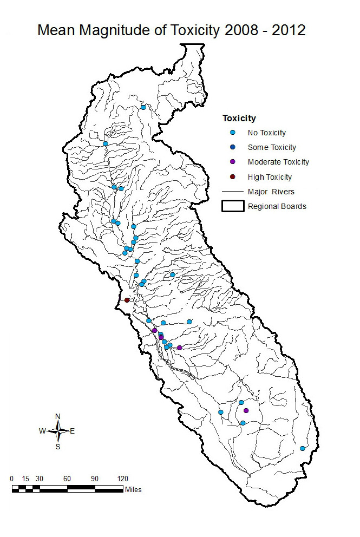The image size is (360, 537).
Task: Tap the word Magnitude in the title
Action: click(x=116, y=31)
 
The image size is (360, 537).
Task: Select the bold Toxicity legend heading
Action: click(x=239, y=118)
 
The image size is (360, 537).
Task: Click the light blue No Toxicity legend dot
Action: click(x=233, y=133)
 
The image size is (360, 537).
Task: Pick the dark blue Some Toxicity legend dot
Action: click(x=233, y=147)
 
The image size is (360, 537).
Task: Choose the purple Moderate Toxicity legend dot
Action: click(x=233, y=162)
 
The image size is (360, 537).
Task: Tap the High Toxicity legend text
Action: click(x=270, y=177)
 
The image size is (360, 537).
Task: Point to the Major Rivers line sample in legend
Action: click(x=233, y=192)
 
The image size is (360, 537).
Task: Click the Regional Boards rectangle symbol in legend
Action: click(x=233, y=206)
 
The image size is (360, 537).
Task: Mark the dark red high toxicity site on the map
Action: click(x=127, y=300)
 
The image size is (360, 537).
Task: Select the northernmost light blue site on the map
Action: click(x=143, y=107)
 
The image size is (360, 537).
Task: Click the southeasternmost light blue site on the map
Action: click(x=303, y=448)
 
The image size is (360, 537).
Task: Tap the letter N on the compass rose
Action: click(x=58, y=416)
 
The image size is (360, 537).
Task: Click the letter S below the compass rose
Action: click(x=58, y=447)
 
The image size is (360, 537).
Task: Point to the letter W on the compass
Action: click(x=42, y=431)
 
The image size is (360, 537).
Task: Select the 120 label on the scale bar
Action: click(x=123, y=479)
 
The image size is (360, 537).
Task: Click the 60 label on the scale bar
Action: click(x=67, y=479)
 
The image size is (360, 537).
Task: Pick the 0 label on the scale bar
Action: click(x=12, y=479)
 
